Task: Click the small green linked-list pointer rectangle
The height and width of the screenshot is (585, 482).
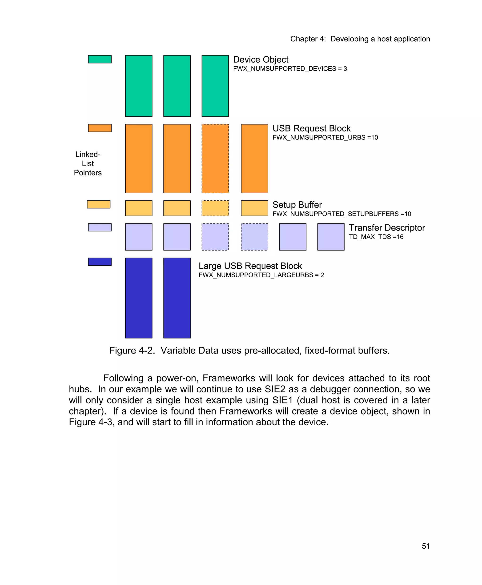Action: (100, 59)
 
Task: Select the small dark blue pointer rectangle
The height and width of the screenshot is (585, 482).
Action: (100, 262)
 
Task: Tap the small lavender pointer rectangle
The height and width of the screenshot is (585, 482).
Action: (100, 227)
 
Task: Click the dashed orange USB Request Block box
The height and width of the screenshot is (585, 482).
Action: (215, 159)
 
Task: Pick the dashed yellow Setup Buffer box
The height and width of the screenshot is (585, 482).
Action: (215, 208)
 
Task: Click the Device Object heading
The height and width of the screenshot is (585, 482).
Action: (261, 60)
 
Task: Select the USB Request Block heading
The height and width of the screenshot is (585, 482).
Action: (311, 128)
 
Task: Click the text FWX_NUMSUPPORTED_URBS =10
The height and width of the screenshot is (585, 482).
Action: (325, 138)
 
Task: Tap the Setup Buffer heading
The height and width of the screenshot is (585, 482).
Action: (297, 205)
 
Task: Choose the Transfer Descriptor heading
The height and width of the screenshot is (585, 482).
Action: (387, 228)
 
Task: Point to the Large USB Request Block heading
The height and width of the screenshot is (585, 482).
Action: (250, 266)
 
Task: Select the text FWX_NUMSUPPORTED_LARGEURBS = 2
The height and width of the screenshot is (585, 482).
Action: (261, 275)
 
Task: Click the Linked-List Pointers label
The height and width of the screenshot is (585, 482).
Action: (88, 163)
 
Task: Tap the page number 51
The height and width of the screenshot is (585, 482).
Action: (426, 546)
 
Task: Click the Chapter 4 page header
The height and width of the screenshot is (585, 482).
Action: (360, 39)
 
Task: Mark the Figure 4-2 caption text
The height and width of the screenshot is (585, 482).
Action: (249, 350)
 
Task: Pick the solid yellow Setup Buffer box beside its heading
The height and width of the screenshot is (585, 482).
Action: (254, 208)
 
